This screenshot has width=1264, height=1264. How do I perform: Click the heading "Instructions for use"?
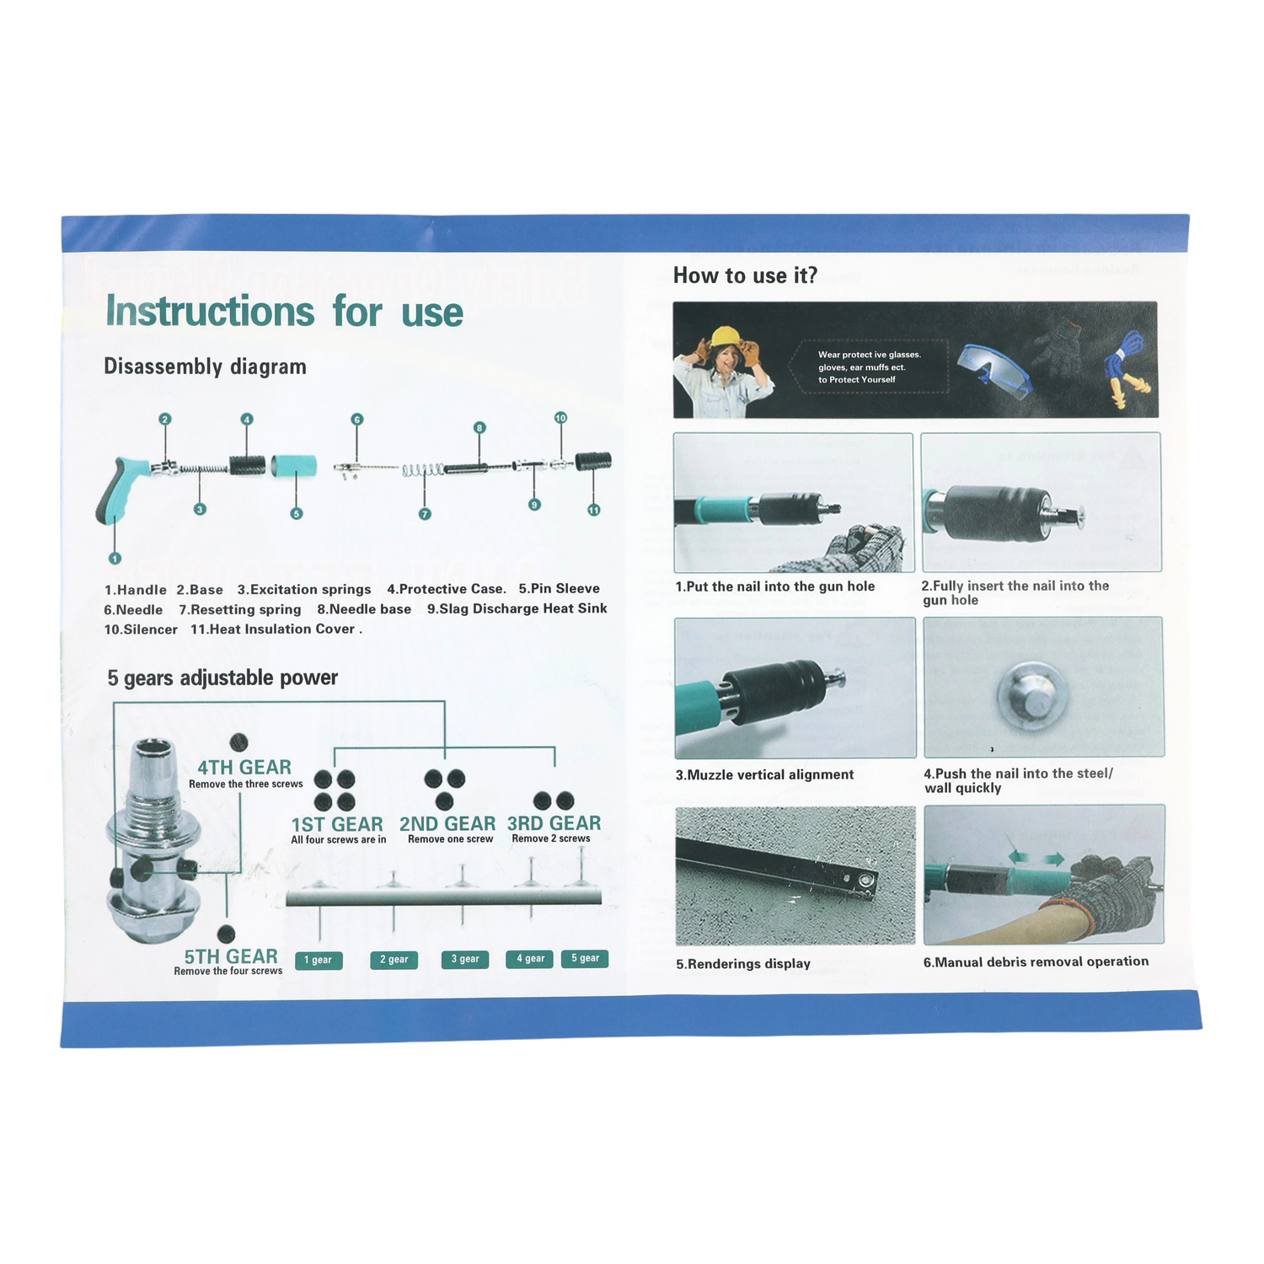point(284,311)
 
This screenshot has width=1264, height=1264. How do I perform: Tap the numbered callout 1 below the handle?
point(115,558)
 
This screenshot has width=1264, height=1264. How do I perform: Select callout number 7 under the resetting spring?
point(425,514)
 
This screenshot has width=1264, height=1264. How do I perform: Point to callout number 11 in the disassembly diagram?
point(594,510)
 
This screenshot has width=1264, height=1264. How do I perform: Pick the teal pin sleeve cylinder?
point(294,465)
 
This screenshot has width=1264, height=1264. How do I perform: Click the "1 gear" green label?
point(319,960)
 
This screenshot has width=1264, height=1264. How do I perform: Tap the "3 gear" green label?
point(465,959)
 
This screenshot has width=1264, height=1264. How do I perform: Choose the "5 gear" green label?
point(585,958)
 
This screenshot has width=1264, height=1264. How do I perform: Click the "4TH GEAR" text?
point(244,767)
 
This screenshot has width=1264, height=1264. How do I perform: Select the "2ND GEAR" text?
point(447,823)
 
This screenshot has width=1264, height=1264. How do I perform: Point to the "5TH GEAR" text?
point(231,956)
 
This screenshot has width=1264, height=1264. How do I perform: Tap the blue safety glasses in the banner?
point(995,371)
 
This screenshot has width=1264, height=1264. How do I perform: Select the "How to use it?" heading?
point(745,276)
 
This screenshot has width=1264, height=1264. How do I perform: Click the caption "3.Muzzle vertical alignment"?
point(764,774)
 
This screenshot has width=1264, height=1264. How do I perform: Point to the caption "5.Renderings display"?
point(743,963)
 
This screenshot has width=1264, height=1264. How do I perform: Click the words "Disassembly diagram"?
point(205,367)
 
